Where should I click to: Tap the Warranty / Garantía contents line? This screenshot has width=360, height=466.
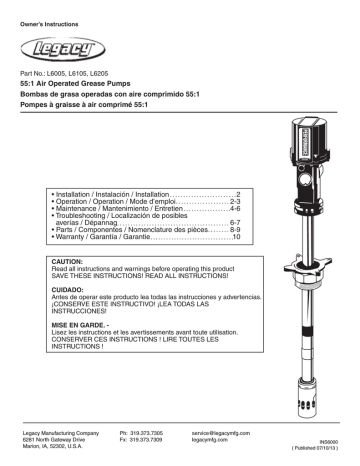(x=130, y=241)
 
